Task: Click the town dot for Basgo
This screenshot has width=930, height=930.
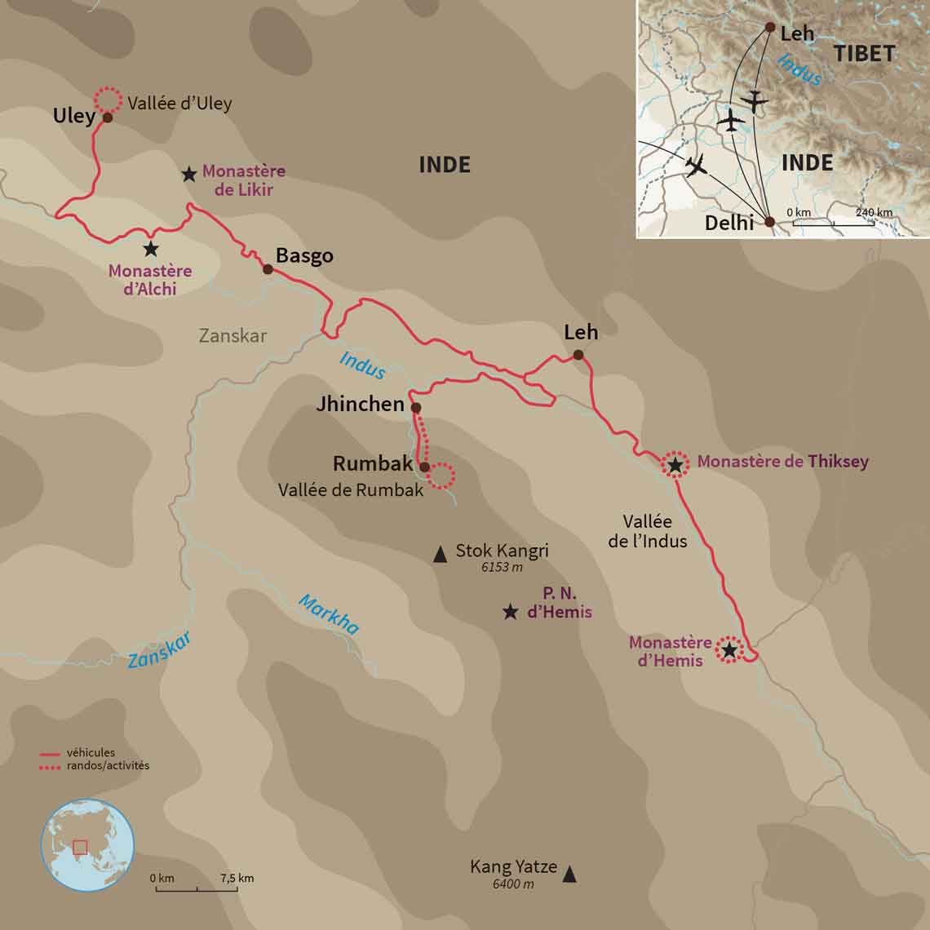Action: coord(268,268)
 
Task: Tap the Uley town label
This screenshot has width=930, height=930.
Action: coord(74,116)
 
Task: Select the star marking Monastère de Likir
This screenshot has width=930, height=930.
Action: coord(188,174)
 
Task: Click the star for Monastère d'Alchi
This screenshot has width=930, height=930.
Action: coord(150,249)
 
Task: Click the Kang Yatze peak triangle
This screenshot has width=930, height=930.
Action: coord(569,875)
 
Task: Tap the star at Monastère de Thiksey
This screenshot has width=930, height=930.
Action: coord(675,465)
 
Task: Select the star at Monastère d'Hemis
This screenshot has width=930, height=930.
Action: coord(728,650)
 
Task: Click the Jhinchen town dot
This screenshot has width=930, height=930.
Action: coord(415,407)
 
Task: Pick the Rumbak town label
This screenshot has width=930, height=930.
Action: coord(373,463)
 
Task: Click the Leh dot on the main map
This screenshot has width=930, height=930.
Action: coord(578,355)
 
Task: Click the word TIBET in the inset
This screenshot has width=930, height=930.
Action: coord(864,54)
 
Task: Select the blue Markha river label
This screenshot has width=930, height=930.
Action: coord(328,614)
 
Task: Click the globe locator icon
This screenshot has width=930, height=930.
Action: coord(87,844)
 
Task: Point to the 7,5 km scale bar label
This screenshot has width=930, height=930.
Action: coord(237,878)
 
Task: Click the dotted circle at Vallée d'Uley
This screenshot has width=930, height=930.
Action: coord(106,100)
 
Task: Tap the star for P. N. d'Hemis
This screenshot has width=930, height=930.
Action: coord(510,612)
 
